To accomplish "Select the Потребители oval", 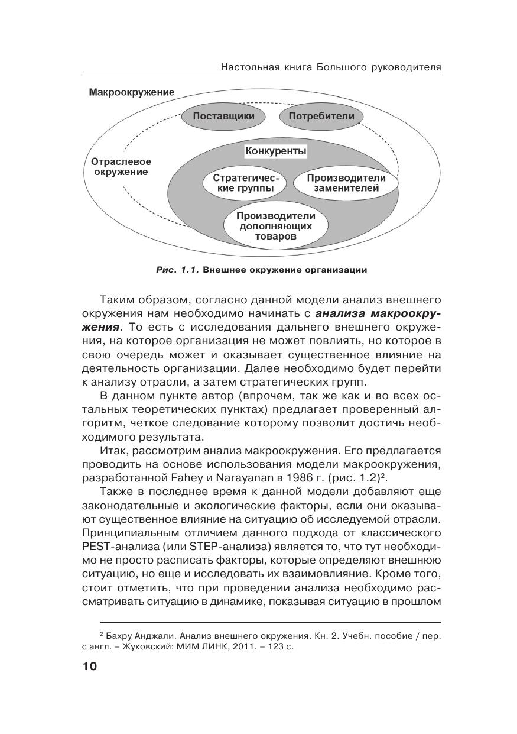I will pos(321,116).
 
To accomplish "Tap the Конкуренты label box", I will pos(276,151).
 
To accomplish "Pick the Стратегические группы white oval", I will pos(245,183).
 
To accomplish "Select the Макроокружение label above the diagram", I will pos(132,92).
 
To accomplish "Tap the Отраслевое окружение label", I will pos(121,167).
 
